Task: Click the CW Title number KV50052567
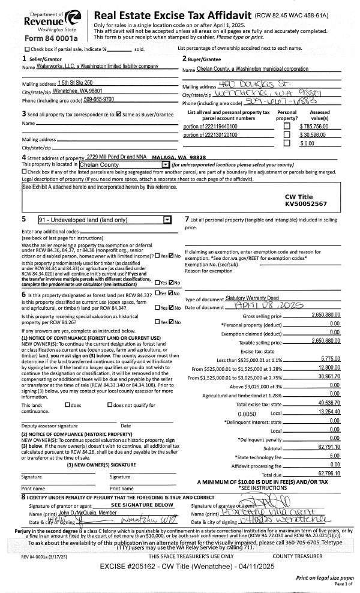pyautogui.click(x=305, y=204)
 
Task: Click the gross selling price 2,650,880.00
pyautogui.click(x=326, y=315)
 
